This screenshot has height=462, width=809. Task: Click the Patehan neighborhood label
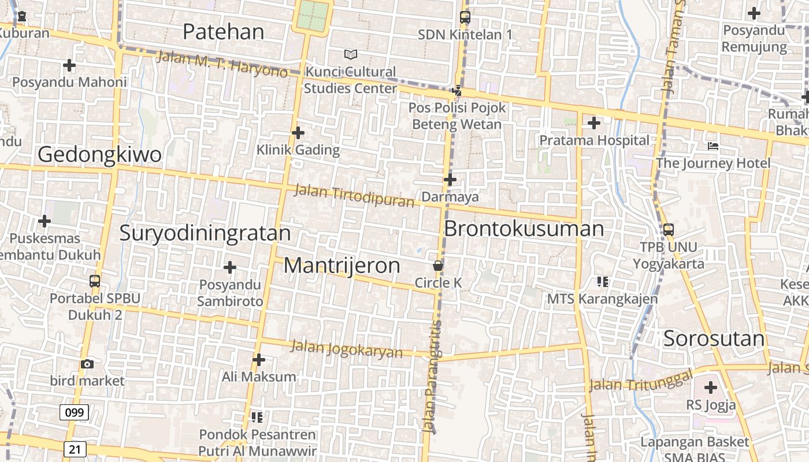point(223,32)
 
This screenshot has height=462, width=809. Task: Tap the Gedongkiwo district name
point(99,155)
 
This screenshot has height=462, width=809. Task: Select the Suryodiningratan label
point(205,233)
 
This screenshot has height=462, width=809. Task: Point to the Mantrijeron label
point(342,266)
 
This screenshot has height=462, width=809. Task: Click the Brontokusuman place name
point(524,229)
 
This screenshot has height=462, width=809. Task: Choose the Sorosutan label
point(714,338)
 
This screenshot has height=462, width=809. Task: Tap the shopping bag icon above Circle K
point(438,266)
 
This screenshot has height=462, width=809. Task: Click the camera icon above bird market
point(87,364)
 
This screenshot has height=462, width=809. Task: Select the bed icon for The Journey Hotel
point(713,146)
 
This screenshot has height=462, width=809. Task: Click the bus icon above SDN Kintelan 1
point(465,17)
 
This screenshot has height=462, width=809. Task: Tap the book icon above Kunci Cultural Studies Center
point(350,54)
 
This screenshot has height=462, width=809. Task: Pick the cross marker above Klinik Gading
point(298,133)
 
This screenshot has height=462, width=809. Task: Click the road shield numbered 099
point(74,412)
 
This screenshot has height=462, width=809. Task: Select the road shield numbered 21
point(75,449)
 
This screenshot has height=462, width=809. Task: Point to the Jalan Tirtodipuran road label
point(354,195)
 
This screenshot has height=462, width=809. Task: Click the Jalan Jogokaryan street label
point(346,348)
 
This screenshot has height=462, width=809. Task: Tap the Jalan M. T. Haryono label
point(222,64)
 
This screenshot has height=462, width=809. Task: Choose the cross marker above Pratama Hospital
point(593,123)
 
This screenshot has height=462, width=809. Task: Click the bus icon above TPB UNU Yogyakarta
point(669,229)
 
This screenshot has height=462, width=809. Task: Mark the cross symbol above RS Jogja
point(711,388)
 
